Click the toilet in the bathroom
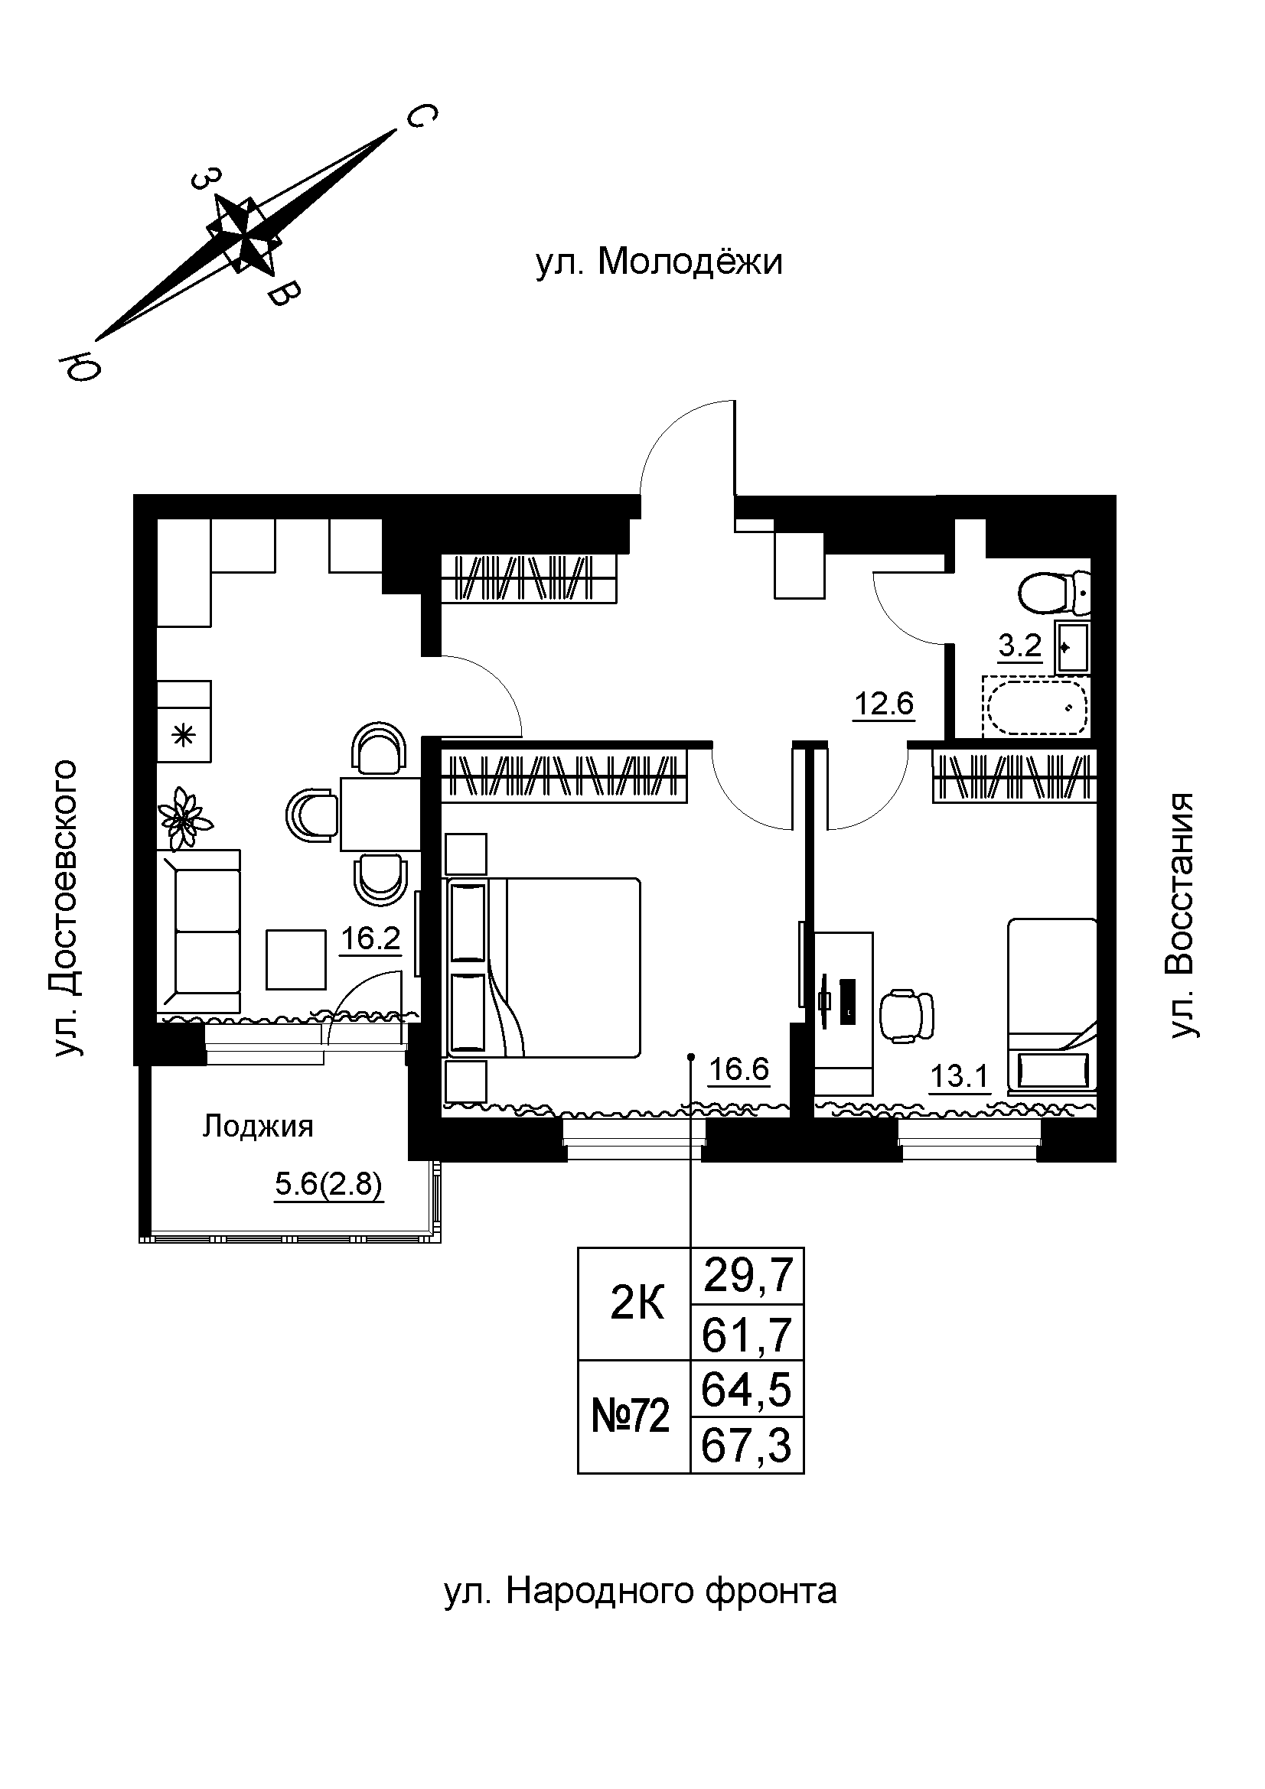(1052, 593)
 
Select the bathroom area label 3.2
(1019, 646)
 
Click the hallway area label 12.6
(883, 704)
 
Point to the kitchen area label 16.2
(370, 939)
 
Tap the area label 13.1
(960, 1078)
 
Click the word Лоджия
(258, 1127)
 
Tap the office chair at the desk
(906, 1015)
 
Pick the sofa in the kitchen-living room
(203, 931)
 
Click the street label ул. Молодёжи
(659, 263)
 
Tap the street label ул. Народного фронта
(641, 1591)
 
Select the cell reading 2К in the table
(636, 1304)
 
